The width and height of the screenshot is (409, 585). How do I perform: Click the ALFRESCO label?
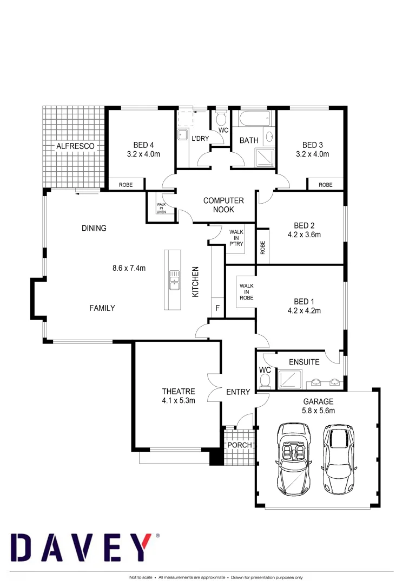[x=75, y=146]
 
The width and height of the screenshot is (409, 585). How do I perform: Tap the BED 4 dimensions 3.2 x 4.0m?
[x=144, y=154]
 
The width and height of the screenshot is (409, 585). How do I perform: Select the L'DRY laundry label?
[x=200, y=139]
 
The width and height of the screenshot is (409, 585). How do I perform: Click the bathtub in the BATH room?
[x=253, y=119]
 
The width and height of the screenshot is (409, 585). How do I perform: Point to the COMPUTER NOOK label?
[x=223, y=205]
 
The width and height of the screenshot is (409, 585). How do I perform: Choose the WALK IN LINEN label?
[x=161, y=208]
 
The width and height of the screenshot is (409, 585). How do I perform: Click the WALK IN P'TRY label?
[x=236, y=238]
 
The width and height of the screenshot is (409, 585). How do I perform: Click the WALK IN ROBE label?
[x=247, y=291]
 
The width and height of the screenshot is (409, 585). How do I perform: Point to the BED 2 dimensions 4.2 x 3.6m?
[x=305, y=235]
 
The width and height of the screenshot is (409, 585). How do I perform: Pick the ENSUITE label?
[x=304, y=362]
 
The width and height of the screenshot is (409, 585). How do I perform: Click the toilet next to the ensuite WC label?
[x=265, y=382]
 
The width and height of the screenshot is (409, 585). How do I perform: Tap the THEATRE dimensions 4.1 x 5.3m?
[x=179, y=401]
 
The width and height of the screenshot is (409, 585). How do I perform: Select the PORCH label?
[x=240, y=445]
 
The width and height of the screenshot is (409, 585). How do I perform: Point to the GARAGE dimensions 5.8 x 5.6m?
[x=319, y=411]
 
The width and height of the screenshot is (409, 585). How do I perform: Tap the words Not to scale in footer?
[x=140, y=577]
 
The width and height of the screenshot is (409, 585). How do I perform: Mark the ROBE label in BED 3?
[x=326, y=185]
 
